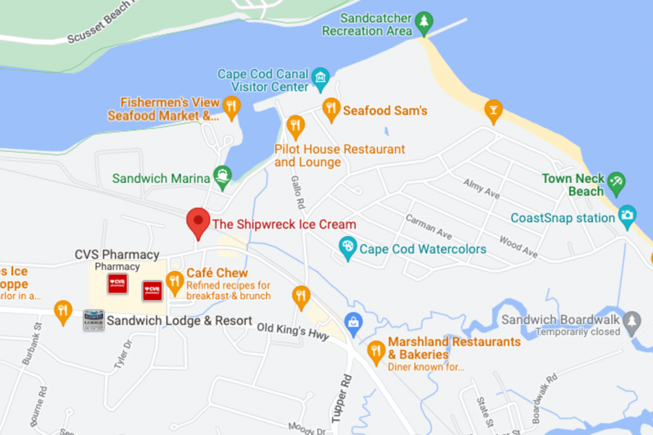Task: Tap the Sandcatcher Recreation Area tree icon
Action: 424,24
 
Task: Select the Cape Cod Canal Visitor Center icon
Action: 320,77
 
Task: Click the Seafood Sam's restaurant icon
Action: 331,109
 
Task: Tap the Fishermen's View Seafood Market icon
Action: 231,106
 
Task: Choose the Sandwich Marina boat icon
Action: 222,175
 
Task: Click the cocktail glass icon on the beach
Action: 493,110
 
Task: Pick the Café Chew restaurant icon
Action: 174,281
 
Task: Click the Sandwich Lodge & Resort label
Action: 179,320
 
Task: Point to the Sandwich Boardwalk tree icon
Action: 633,320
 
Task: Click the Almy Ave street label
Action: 482,189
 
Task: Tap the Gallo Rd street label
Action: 296,191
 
